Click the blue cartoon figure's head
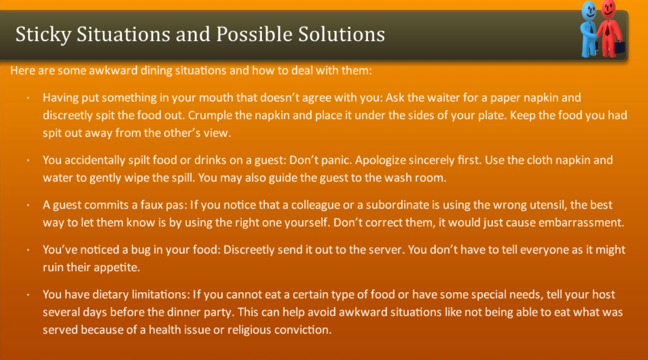tap(589, 11)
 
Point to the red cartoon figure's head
tap(608, 8)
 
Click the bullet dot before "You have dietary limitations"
tap(27, 294)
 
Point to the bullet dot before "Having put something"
tap(27, 98)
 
